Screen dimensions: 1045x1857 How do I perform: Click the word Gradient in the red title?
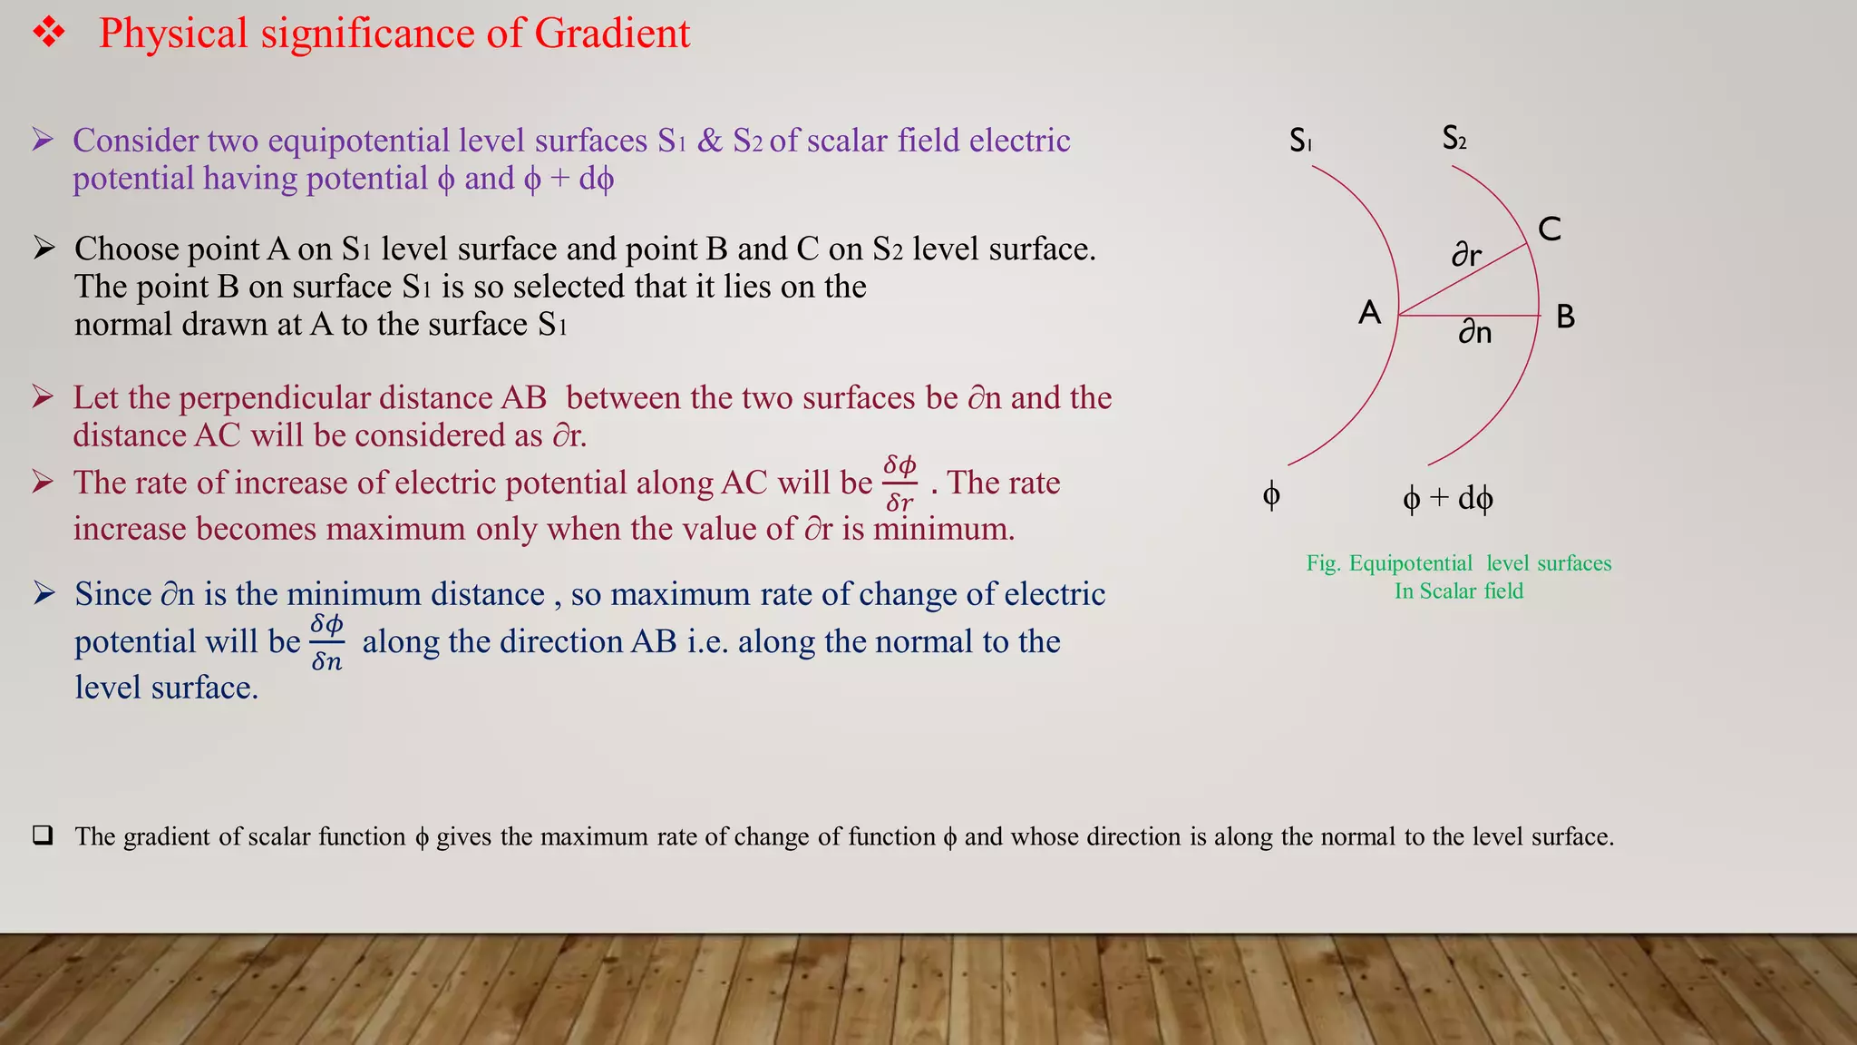(612, 34)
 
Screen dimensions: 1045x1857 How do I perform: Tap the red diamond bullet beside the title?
(49, 34)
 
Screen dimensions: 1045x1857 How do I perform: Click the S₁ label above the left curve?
(1301, 141)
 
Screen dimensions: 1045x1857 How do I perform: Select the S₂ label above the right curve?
(1454, 138)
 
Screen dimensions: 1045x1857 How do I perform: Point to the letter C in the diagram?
(1550, 229)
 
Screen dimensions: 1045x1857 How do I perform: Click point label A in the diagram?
(1369, 313)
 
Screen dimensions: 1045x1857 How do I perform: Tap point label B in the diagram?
(1565, 317)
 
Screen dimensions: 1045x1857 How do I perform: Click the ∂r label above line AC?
(1466, 254)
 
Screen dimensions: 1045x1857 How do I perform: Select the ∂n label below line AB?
(1475, 332)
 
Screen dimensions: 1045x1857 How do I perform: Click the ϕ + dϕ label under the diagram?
(1447, 498)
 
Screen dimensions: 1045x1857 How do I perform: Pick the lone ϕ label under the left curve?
(1271, 495)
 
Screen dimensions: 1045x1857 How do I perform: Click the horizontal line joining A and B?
(1469, 316)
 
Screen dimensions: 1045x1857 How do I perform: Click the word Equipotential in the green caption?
(1411, 563)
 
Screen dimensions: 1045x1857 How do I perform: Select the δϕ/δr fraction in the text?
(899, 483)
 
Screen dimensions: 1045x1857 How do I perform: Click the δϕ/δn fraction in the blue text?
(326, 642)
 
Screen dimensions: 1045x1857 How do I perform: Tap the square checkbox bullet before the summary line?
(43, 835)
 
